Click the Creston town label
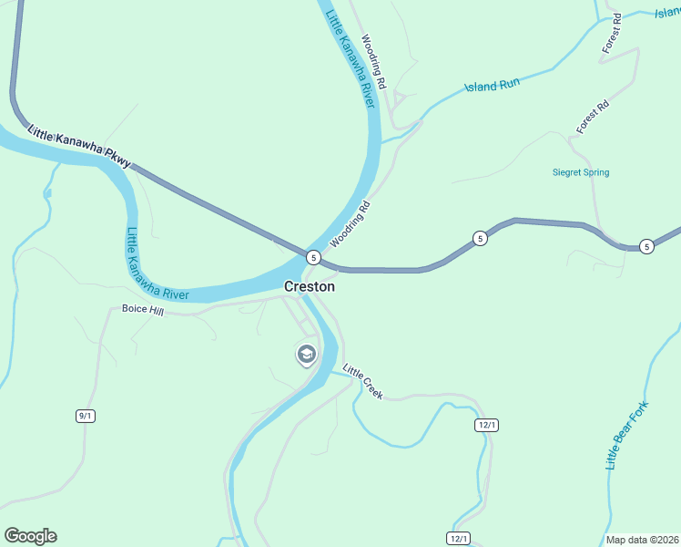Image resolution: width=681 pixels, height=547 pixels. click(x=310, y=286)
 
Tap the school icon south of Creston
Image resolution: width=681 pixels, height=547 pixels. click(x=307, y=354)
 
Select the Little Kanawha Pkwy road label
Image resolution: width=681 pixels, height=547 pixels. click(x=79, y=146)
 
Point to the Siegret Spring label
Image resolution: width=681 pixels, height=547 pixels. click(x=581, y=172)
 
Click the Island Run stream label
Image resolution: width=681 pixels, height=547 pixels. click(x=492, y=86)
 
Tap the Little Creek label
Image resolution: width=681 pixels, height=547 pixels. click(x=362, y=382)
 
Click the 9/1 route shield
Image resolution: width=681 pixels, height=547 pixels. click(x=86, y=416)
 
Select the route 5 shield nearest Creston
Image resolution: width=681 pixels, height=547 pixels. click(x=312, y=257)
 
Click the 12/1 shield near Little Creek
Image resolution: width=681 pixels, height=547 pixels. click(x=487, y=425)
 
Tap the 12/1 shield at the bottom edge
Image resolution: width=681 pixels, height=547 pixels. click(x=458, y=538)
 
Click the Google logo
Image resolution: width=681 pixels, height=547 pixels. click(x=30, y=536)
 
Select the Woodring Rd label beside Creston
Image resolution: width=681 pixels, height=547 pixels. click(x=351, y=224)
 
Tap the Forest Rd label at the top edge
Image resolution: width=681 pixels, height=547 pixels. click(x=610, y=32)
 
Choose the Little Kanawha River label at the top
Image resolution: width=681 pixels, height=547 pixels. click(x=351, y=55)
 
